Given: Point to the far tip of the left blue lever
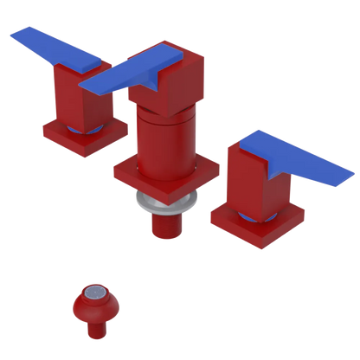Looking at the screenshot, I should [x=12, y=35].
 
